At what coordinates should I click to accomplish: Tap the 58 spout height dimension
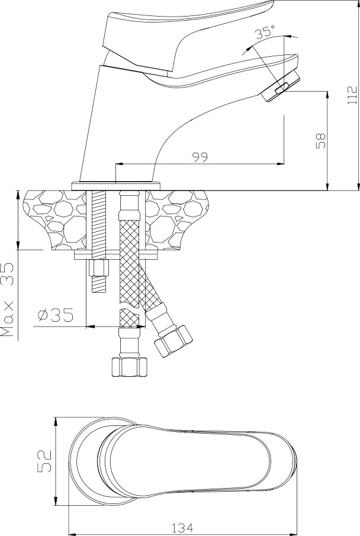pos(322,140)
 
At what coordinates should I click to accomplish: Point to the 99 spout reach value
pos(200,157)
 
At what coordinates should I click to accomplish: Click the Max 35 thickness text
pos(8,300)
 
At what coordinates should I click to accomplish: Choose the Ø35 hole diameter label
pos(56,315)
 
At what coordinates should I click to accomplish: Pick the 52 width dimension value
pos(44,461)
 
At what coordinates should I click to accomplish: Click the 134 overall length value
pos(182,528)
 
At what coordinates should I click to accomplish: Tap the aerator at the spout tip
pos(281,85)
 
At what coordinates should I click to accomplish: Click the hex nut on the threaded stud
pos(98,269)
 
